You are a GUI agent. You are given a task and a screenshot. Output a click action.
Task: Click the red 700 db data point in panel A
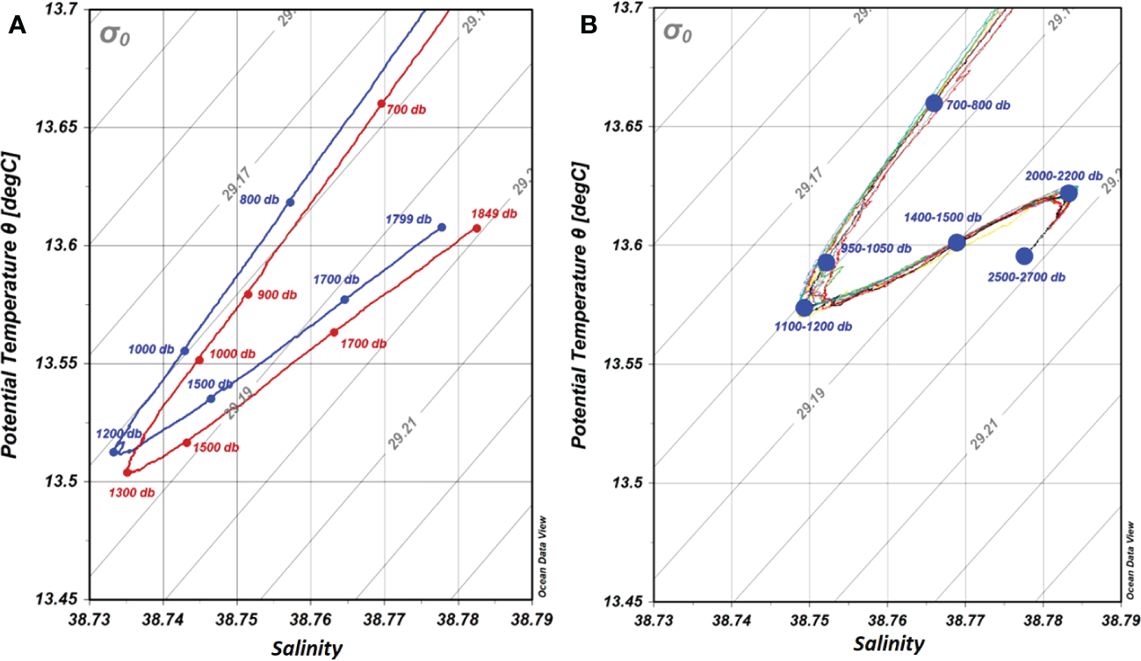381,104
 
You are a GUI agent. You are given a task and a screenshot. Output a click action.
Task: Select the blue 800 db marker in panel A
290,202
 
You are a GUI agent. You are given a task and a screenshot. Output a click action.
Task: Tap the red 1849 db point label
494,214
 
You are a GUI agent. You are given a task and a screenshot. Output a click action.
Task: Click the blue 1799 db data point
442,227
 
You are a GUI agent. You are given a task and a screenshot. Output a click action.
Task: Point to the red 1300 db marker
127,472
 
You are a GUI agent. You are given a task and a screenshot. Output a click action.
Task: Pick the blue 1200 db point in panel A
113,452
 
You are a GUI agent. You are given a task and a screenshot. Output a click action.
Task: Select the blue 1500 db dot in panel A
211,398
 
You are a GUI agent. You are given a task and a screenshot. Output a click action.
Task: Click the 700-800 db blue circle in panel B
934,103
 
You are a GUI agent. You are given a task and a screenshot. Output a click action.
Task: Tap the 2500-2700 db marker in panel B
1024,256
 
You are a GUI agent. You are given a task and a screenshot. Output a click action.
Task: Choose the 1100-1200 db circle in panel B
804,308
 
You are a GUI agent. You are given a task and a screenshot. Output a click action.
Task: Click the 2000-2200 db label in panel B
1064,176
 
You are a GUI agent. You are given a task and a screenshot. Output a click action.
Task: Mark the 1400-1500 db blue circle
957,242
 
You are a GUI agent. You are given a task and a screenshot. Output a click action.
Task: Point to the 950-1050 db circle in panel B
826,262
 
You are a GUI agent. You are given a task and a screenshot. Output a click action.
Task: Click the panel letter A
16,26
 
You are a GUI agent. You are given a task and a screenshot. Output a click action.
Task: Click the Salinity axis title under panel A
307,649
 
